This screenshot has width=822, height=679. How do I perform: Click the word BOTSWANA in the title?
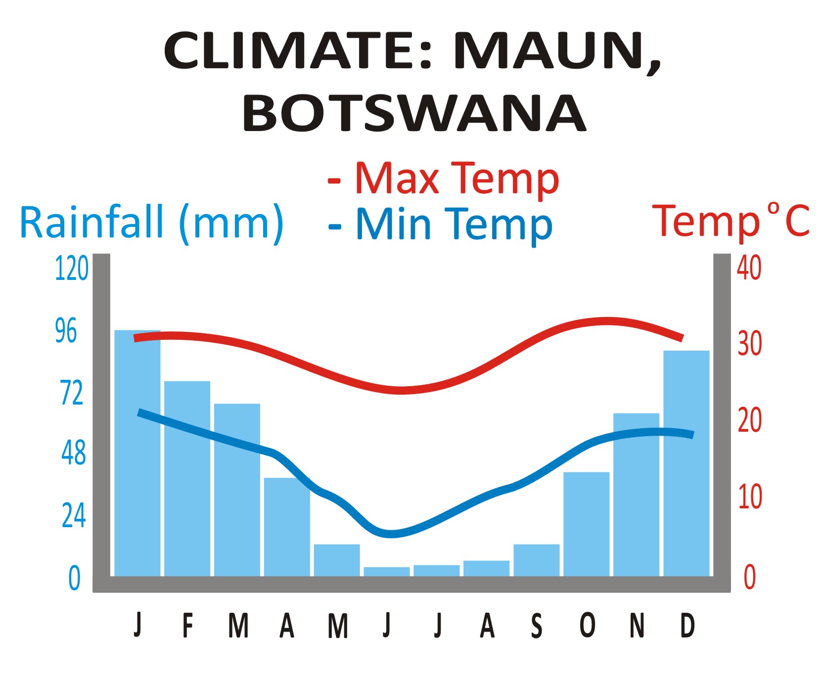[x=414, y=113]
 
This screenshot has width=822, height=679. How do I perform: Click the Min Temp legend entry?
[x=441, y=225]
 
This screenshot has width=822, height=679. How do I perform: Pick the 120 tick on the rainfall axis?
[x=71, y=269]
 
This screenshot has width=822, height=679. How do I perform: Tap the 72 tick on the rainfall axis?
[x=72, y=393]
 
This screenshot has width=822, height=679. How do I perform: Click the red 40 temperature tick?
[x=749, y=269]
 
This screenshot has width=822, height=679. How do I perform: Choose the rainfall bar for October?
[x=586, y=524]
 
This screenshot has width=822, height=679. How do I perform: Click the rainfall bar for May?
[x=337, y=560]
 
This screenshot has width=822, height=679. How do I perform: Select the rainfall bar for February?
[x=187, y=478]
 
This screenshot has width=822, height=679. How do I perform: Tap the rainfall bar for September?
[x=536, y=560]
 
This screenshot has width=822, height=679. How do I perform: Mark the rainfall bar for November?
[x=636, y=495]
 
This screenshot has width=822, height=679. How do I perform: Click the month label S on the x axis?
[x=537, y=626]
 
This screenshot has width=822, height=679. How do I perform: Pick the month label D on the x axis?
[x=687, y=626]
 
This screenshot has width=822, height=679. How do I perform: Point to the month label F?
[x=187, y=626]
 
